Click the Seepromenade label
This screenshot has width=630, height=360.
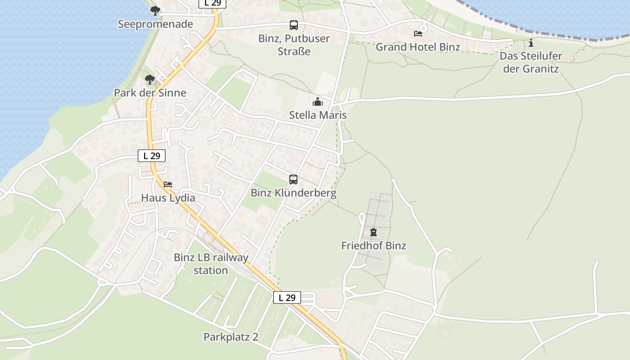click(x=155, y=24)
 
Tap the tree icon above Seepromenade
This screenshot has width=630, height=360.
click(x=155, y=10)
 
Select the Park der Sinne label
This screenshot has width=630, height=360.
click(x=150, y=93)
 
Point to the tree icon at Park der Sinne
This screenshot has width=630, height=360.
click(x=150, y=80)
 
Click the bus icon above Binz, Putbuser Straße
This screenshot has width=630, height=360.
click(x=294, y=25)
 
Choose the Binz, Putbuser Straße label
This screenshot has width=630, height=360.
click(x=294, y=45)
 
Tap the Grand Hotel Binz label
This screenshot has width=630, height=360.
click(x=418, y=47)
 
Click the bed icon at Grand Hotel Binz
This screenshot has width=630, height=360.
click(x=418, y=33)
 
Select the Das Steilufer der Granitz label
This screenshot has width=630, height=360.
click(x=531, y=63)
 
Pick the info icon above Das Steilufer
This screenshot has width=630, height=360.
click(x=531, y=43)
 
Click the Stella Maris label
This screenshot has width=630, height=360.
click(x=318, y=115)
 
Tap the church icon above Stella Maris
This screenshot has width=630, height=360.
click(x=318, y=102)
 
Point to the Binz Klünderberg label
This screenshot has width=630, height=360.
click(x=293, y=193)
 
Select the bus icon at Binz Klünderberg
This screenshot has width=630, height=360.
click(x=293, y=180)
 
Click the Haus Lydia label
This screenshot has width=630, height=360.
click(x=168, y=198)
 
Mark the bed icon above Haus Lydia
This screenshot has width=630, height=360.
click(x=168, y=184)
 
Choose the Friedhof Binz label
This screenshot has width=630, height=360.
click(x=373, y=246)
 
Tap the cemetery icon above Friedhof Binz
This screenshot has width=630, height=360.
click(x=373, y=232)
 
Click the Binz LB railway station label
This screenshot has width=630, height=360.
click(x=211, y=264)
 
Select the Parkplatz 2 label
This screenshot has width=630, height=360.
click(x=231, y=337)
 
